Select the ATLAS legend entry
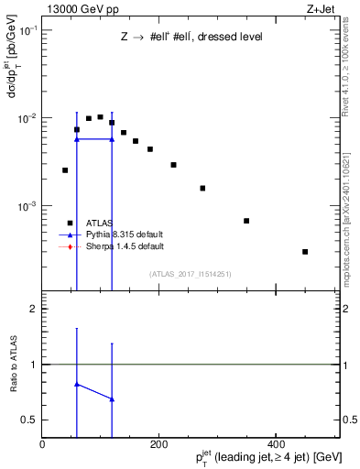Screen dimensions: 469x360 pos(100,223)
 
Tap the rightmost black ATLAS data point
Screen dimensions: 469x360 pos(305,252)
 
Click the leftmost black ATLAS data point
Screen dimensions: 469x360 pos(65,169)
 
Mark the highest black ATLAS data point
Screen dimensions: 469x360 pos(100,116)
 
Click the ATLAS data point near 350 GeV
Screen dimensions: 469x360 pos(246,221)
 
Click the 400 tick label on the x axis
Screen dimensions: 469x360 pos(276,442)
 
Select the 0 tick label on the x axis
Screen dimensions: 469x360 pos(42,442)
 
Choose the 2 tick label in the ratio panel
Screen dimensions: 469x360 pos(35,309)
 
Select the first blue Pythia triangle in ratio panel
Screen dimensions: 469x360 pos(77,385)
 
